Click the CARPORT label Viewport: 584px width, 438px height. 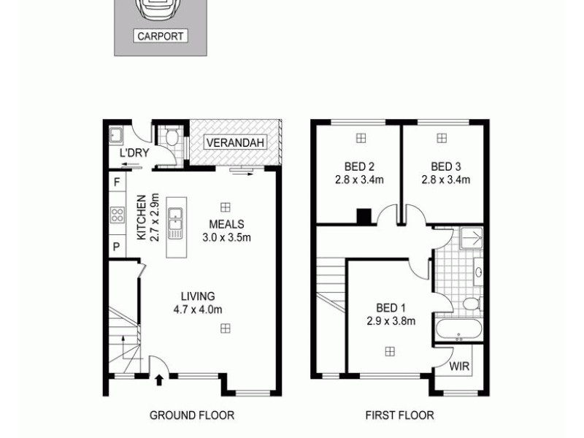coord(161,36)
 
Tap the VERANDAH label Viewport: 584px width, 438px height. coord(235,142)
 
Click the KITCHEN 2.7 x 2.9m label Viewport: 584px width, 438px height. coord(147,218)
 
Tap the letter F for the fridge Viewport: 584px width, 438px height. coord(116,182)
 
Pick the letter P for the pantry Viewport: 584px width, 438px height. coord(116,247)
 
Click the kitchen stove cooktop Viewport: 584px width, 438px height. coord(117,215)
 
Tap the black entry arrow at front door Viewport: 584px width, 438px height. coord(159,379)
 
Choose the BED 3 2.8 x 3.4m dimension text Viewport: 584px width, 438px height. coord(445,179)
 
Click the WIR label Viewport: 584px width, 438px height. coord(460,366)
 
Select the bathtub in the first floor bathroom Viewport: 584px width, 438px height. coord(458,330)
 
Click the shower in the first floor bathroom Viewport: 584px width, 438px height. coord(471,238)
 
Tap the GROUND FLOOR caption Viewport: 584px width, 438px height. coord(192,415)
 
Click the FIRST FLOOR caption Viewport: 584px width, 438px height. coord(399,415)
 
